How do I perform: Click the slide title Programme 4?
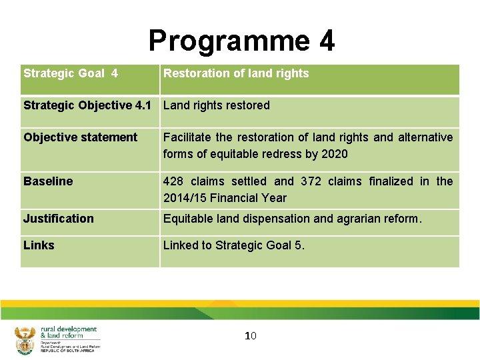click(x=241, y=41)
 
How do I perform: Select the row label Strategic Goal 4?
click(x=71, y=73)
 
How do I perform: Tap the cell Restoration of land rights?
click(x=236, y=73)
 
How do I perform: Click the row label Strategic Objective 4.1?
click(x=87, y=105)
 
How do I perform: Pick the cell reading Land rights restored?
click(x=217, y=105)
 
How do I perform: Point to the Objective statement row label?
click(x=80, y=137)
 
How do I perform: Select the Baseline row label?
click(x=48, y=181)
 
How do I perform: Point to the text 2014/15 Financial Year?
click(x=225, y=198)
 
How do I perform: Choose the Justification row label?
click(x=59, y=219)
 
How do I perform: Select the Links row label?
click(x=39, y=245)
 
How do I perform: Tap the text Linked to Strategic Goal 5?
click(x=234, y=245)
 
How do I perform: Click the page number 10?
click(x=251, y=335)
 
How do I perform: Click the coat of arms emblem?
click(x=25, y=340)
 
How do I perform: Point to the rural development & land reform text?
click(x=69, y=332)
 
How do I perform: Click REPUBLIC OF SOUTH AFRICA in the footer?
click(x=67, y=350)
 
